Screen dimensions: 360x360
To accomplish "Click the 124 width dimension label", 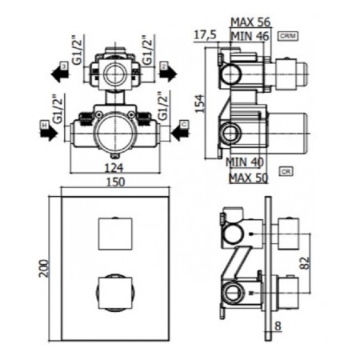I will [115, 168].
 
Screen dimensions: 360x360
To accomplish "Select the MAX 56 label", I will [250, 22].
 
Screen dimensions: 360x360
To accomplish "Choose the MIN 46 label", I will [250, 36].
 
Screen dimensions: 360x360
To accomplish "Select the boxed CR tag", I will [285, 172].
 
